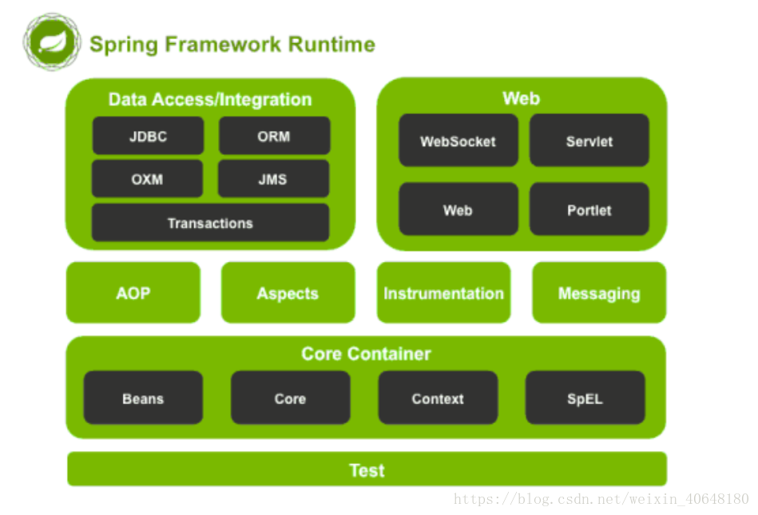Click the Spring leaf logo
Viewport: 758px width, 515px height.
(x=52, y=42)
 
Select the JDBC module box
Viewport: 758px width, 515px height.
(x=148, y=136)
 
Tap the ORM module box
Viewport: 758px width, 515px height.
(x=274, y=136)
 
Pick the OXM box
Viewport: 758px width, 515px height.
(x=148, y=179)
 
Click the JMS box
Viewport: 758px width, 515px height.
(x=273, y=179)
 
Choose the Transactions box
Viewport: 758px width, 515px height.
(x=210, y=223)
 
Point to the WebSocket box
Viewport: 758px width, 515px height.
(x=458, y=141)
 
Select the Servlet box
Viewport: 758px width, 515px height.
(x=589, y=141)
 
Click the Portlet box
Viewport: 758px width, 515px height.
(x=589, y=209)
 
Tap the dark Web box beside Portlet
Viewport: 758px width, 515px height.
(x=458, y=209)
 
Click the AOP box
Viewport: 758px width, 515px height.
(x=133, y=292)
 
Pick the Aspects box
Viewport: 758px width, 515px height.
(x=288, y=292)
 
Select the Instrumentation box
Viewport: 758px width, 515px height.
(x=444, y=292)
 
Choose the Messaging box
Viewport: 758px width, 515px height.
(x=599, y=292)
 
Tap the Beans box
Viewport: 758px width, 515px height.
(x=143, y=398)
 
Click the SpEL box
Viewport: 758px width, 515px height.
(x=585, y=398)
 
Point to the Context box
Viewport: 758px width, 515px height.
(x=438, y=398)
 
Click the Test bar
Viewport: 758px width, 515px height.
(x=367, y=469)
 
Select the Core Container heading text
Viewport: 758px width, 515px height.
(x=366, y=354)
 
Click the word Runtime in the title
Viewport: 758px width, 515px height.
(x=331, y=44)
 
